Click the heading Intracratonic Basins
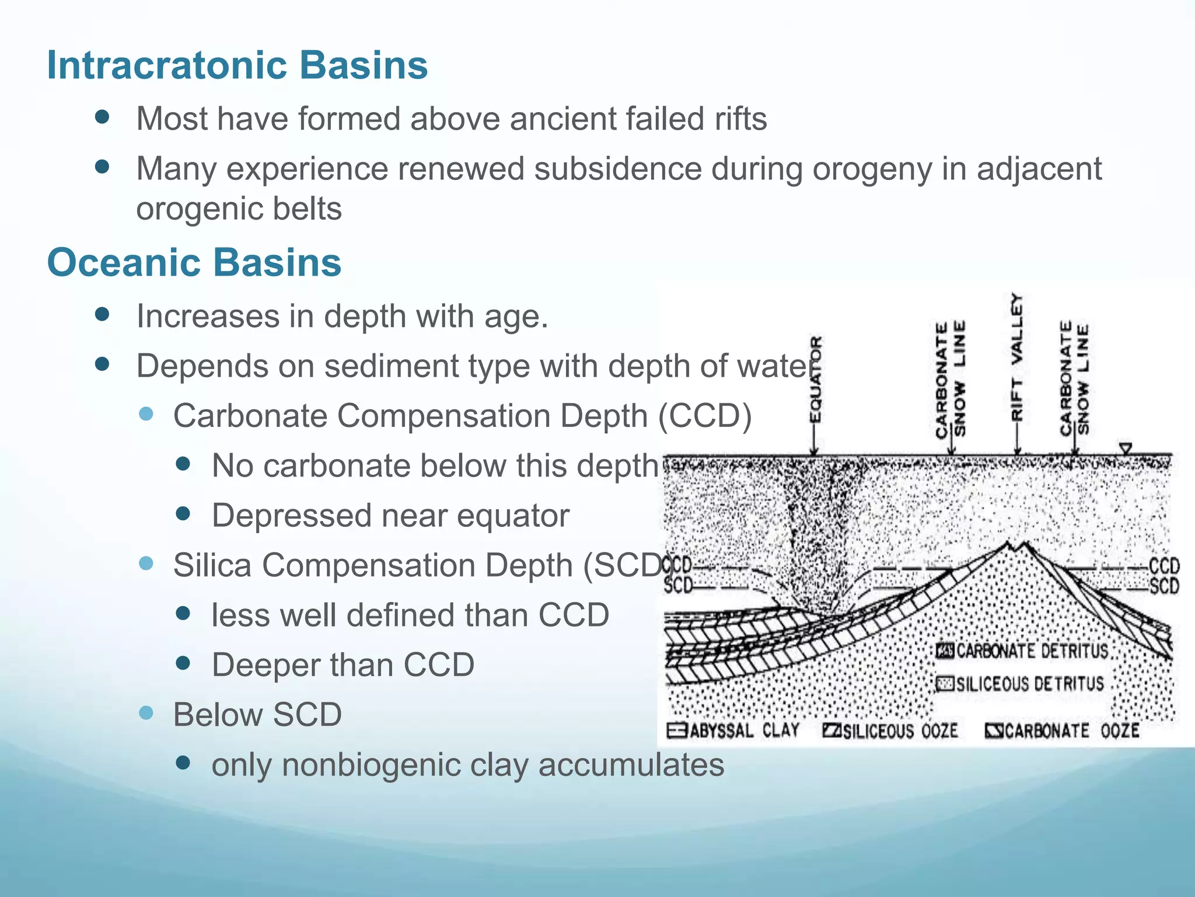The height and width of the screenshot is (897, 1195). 237,65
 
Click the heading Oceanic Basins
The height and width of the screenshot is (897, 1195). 194,262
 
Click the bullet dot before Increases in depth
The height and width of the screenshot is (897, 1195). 102,315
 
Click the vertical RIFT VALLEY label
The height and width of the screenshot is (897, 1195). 1017,357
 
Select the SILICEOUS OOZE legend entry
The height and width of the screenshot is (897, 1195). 890,731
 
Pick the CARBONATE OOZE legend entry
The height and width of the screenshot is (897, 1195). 1062,731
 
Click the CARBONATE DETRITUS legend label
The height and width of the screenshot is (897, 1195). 1022,651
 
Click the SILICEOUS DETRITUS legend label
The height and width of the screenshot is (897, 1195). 1020,683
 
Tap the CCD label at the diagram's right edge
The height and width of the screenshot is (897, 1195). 1164,566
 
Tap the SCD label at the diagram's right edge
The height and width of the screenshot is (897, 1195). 1164,586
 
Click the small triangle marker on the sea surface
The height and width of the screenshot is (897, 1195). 1126,448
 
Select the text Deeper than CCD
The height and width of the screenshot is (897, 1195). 343,665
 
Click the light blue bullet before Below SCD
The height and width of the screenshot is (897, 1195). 146,713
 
